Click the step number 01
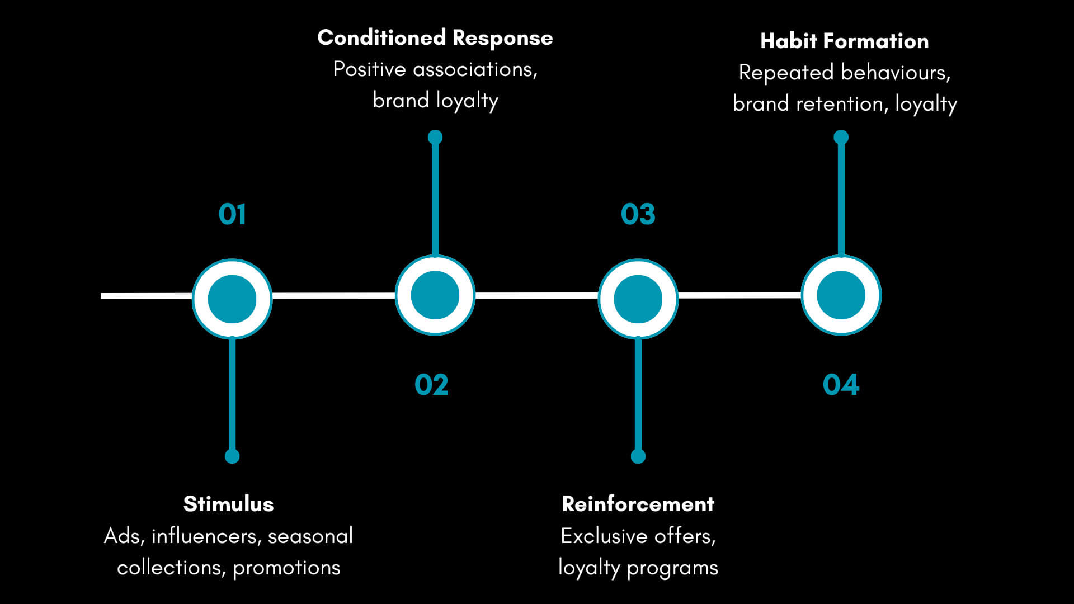pos(232,214)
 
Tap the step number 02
pos(431,385)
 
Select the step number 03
pos(638,214)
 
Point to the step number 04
pos(841,385)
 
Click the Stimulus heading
pos(228,504)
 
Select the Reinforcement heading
pos(638,504)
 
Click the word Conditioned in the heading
pos(381,38)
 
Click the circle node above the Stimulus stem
pos(232,299)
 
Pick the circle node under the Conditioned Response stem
pos(435,295)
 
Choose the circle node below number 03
pos(638,299)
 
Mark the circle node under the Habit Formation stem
pos(841,295)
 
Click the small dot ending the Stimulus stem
pos(232,456)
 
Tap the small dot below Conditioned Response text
pos(435,137)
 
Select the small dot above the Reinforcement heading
pos(638,456)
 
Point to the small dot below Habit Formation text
pos(841,137)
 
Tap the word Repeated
pos(786,73)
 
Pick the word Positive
pos(369,69)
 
